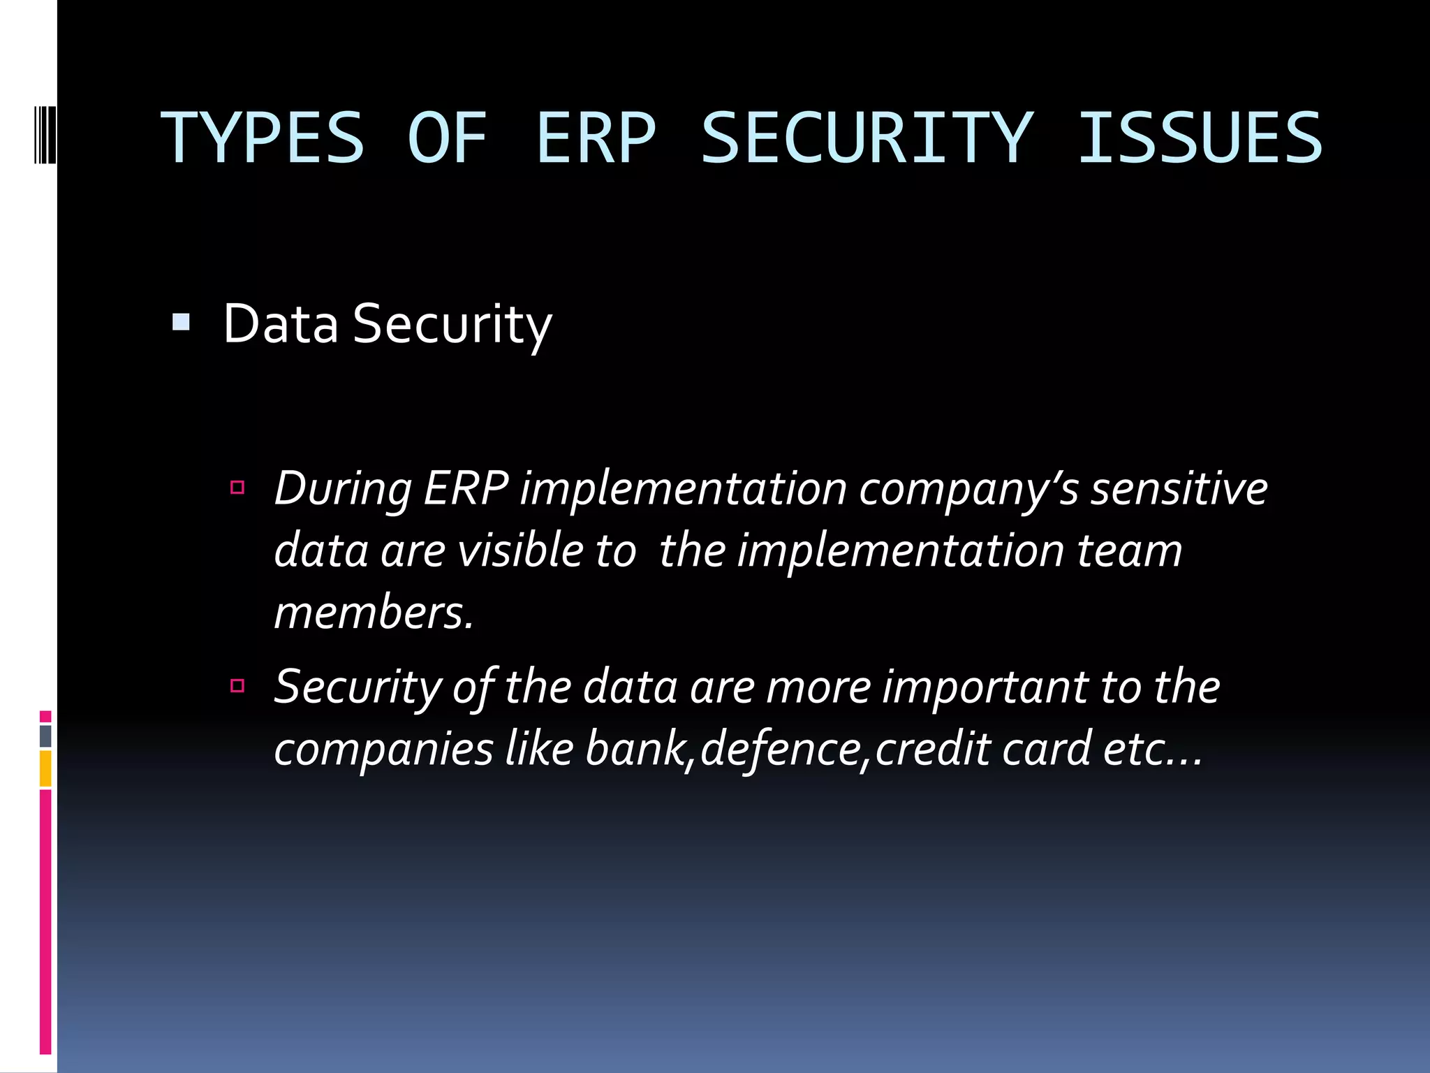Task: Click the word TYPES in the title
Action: [263, 138]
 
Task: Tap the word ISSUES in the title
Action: [1200, 138]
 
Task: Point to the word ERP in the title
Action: [596, 138]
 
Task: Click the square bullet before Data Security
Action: [181, 322]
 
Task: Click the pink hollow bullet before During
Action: [237, 487]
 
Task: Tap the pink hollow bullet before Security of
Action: [237, 685]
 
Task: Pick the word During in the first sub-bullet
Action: [343, 489]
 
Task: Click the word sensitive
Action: [1179, 489]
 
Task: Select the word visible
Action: [520, 550]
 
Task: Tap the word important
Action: [985, 687]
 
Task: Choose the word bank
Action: [635, 749]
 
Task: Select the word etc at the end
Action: [1135, 749]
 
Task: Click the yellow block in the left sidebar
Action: [45, 768]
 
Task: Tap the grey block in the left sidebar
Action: [45, 736]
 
